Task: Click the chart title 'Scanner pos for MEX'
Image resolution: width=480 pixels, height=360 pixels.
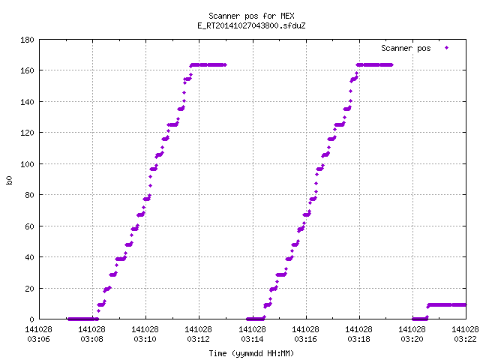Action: coord(251,16)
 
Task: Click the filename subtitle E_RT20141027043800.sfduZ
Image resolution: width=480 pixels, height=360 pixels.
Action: coord(251,25)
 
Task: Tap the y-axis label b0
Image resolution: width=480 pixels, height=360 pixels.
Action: coord(9,180)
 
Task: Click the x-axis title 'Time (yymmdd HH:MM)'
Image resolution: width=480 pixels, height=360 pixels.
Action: coord(251,353)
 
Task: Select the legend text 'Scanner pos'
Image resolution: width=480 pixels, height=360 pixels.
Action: coord(406,48)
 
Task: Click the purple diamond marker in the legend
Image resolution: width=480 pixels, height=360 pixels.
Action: coord(447,47)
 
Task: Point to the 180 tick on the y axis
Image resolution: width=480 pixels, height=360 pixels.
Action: coord(27,40)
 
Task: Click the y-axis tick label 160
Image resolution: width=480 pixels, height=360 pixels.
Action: coord(27,70)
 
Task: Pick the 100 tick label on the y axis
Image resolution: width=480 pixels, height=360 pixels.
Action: coord(27,164)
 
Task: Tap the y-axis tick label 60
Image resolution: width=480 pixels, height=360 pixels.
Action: coord(29,226)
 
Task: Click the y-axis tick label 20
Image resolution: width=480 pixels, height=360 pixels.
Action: coord(29,288)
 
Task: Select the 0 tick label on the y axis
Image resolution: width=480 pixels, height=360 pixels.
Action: coord(31,319)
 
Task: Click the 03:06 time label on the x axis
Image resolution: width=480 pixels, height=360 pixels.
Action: coord(38,339)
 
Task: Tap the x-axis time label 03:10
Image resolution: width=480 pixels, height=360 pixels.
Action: coord(145,339)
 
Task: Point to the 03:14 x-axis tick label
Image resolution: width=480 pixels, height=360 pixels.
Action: coord(252,339)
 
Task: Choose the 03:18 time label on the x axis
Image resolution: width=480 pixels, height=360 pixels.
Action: coord(358,339)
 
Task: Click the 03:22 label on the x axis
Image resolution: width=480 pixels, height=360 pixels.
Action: coord(465,339)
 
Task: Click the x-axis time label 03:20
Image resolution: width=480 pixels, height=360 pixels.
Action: coord(412,339)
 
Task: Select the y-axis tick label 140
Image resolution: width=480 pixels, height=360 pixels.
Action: coord(27,102)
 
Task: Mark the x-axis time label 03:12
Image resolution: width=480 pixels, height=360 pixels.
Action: coord(198,339)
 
